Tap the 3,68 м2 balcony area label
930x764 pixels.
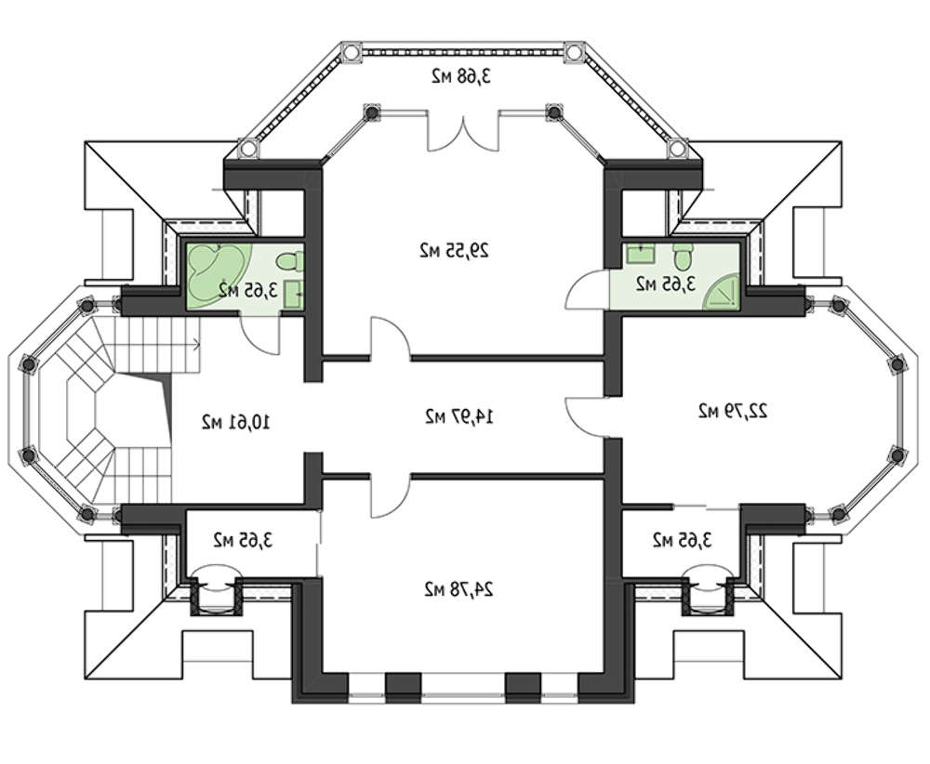click(462, 76)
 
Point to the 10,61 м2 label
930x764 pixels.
click(236, 422)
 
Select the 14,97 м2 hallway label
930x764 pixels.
click(459, 416)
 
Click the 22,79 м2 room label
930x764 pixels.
click(733, 411)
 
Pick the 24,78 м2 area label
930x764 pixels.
click(459, 589)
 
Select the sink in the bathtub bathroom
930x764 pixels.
click(294, 294)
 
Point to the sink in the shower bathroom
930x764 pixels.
click(641, 253)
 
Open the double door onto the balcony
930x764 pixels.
click(463, 133)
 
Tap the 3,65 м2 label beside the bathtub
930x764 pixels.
click(248, 290)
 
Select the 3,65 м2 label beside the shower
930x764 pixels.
click(666, 283)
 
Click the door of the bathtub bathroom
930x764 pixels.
click(259, 335)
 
